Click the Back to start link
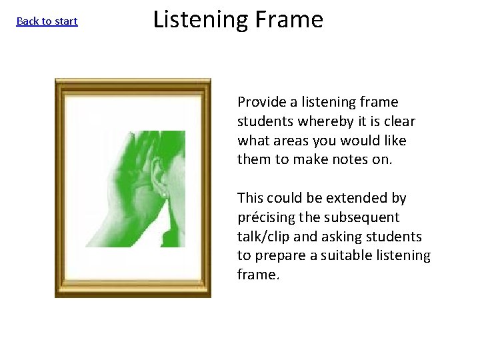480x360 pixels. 47,21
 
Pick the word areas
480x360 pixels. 288,141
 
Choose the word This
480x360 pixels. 251,198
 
